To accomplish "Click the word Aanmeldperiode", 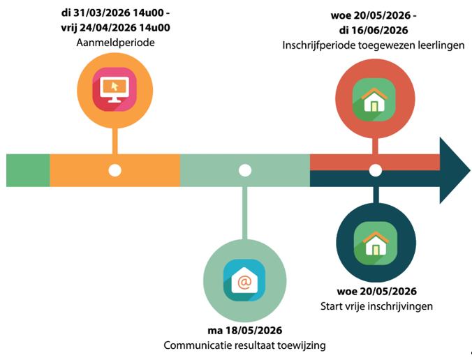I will coord(116,43).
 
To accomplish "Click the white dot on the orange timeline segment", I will coord(115,170).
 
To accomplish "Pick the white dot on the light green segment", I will coord(244,170).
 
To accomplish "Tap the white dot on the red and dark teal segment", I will coord(375,170).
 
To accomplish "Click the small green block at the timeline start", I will coord(28,170).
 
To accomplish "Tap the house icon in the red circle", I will coord(374,96).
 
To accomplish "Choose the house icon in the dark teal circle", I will coord(374,241).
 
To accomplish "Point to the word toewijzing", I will coord(301,345).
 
